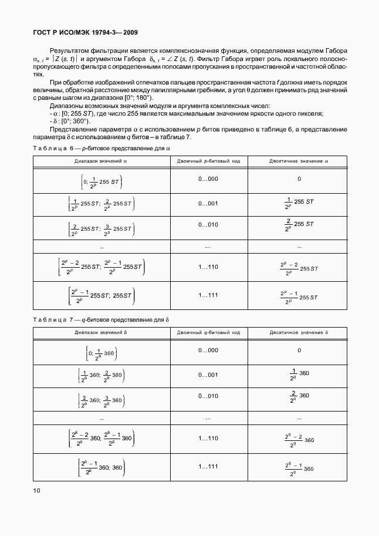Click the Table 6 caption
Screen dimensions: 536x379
[101, 149]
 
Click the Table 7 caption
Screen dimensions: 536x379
[101, 320]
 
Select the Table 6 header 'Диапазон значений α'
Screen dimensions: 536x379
[101, 160]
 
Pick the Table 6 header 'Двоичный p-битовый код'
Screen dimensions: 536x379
[208, 160]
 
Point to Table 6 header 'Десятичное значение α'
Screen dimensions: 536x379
[299, 160]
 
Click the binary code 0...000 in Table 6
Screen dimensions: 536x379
[208, 179]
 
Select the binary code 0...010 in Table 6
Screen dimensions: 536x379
[208, 224]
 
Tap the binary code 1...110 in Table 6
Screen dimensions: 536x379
[208, 267]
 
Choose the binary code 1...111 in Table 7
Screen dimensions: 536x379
[208, 466]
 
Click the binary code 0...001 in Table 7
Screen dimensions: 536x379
[208, 375]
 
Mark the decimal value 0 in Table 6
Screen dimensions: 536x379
[299, 179]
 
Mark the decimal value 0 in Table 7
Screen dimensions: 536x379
[299, 350]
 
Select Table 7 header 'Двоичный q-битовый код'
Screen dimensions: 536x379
[208, 332]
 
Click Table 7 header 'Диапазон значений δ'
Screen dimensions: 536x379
[101, 332]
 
